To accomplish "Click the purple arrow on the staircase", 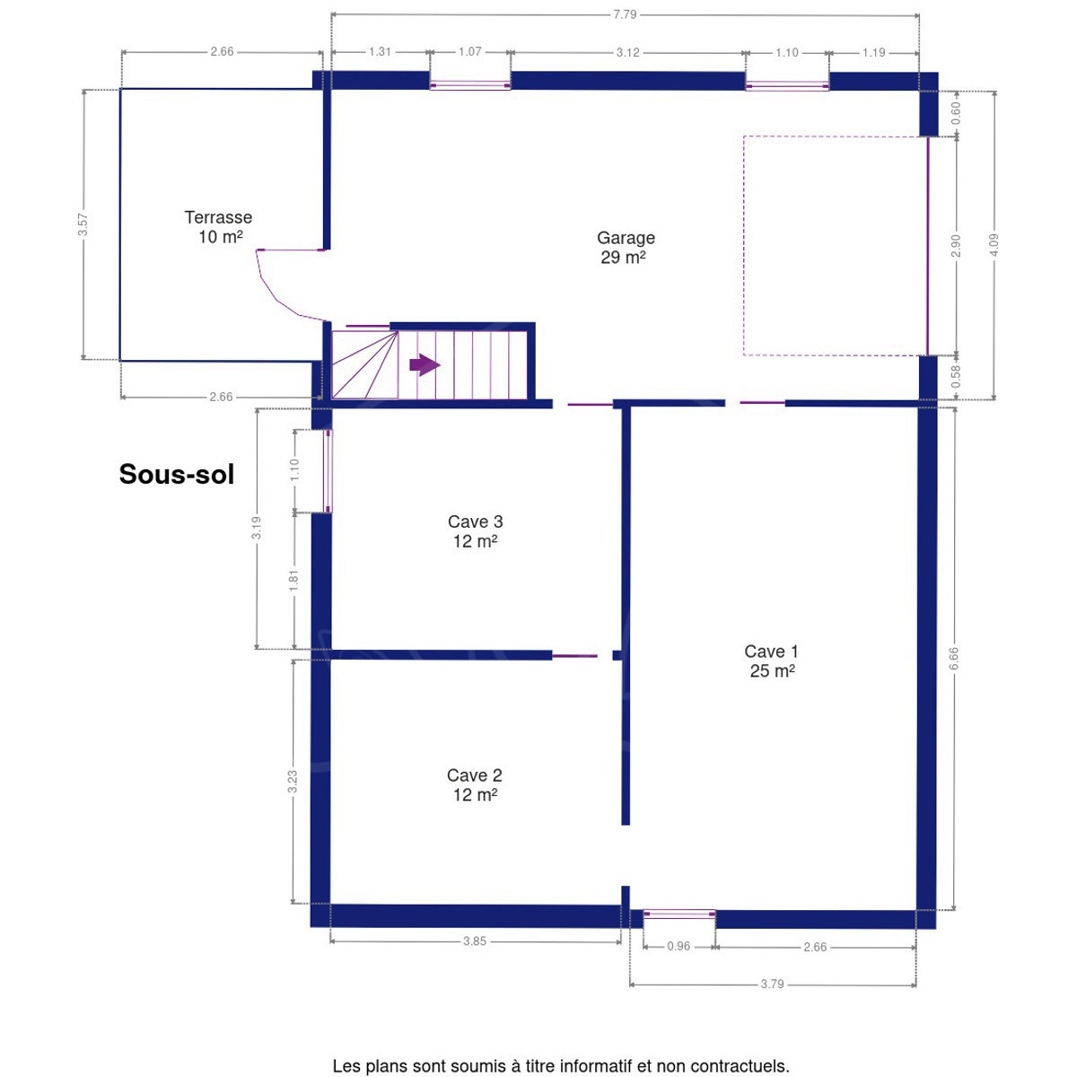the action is [425, 365].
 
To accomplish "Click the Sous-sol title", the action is [177, 474].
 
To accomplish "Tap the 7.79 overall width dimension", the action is [625, 14].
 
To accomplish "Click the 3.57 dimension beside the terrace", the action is [83, 224].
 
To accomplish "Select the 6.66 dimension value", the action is [953, 659].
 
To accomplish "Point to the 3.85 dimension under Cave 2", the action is [475, 941].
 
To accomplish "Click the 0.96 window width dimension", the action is [679, 946].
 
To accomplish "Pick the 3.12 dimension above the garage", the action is [627, 53].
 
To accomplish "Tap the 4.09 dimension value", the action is [994, 245].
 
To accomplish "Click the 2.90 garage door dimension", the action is [956, 246].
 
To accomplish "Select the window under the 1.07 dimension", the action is [470, 85].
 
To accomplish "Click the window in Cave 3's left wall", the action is [328, 471].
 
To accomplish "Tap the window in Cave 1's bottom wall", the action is [679, 915].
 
